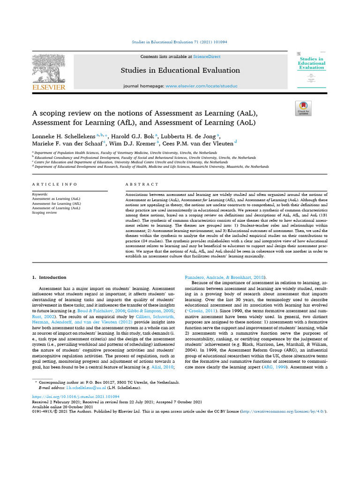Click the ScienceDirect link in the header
pos(207,57)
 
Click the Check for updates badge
pos(302,108)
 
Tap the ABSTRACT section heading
pos(142,184)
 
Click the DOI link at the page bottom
pos(69,396)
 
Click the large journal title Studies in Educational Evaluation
pos(180,70)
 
